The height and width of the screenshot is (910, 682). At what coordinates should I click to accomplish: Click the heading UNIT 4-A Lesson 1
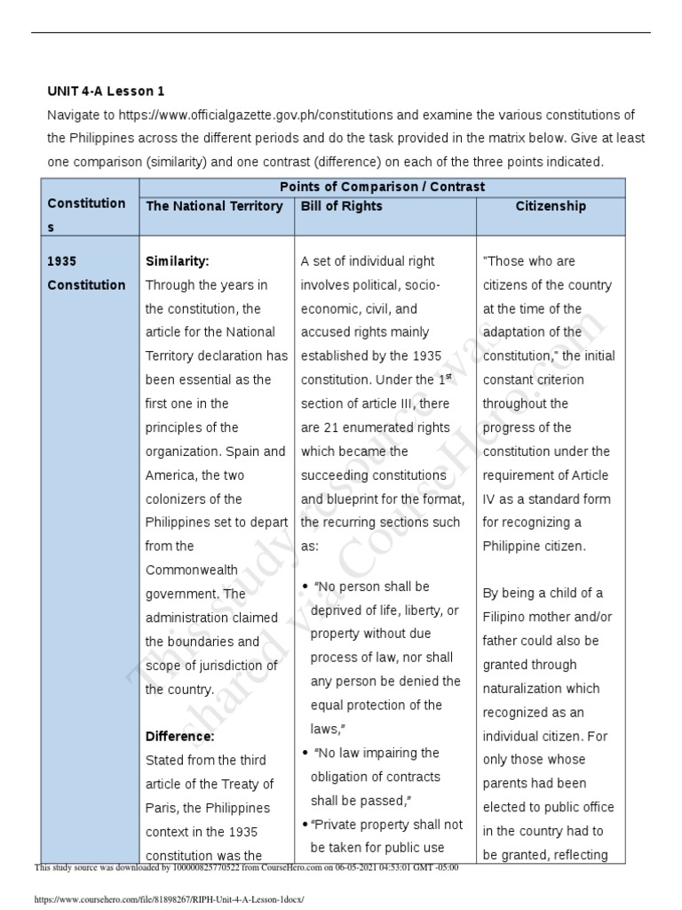point(106,91)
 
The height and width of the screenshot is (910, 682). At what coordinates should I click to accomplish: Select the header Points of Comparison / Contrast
point(382,187)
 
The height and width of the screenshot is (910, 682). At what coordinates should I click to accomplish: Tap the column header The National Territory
point(214,206)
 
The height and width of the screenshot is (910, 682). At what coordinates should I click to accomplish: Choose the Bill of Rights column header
point(342,206)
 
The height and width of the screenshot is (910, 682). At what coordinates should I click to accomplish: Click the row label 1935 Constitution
point(86,274)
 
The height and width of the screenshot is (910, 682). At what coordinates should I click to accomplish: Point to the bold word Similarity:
point(177,262)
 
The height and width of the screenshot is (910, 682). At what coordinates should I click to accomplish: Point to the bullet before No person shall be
point(305,587)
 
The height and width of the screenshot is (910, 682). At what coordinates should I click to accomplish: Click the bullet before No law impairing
point(305,754)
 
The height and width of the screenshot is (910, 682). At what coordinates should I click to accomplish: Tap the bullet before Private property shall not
point(305,825)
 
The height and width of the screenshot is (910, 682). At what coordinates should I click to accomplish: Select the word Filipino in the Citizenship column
point(511,617)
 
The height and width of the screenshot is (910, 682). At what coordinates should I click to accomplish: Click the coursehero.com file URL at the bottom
point(168,899)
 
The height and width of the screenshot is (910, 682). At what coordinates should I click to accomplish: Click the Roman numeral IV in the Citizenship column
point(491,499)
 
